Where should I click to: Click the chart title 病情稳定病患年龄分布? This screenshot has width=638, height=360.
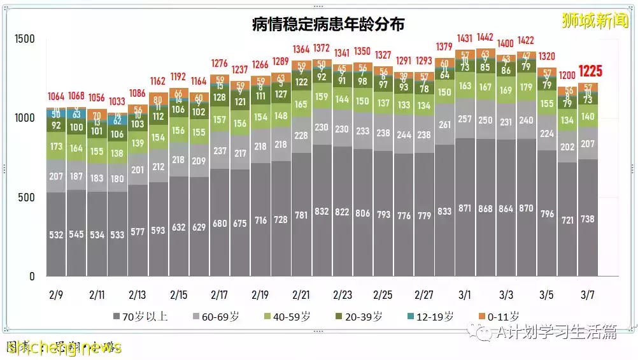click(328, 25)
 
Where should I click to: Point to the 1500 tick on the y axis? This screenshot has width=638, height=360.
click(25, 39)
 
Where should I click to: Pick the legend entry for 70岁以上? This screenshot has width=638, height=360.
click(140, 316)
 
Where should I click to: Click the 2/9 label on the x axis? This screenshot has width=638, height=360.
click(56, 295)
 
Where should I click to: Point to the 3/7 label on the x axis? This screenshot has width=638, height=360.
click(588, 295)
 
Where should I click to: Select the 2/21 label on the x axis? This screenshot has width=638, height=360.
click(301, 295)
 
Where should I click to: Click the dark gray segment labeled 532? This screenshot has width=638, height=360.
click(56, 234)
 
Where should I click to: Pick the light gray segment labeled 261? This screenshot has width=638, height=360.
click(444, 124)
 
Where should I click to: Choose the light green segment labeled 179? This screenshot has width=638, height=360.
click(526, 87)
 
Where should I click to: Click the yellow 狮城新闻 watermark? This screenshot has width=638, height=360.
click(595, 21)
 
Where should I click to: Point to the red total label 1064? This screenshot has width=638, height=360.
click(56, 97)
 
